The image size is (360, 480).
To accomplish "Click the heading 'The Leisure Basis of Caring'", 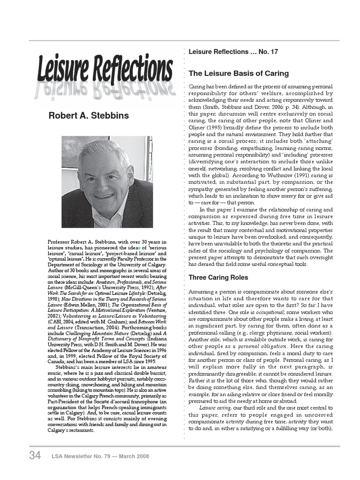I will (239, 74).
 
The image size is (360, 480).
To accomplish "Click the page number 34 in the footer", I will (35, 455).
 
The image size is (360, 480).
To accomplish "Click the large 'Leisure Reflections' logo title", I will (105, 68).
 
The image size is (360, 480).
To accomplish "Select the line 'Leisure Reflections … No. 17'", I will (233, 52).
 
